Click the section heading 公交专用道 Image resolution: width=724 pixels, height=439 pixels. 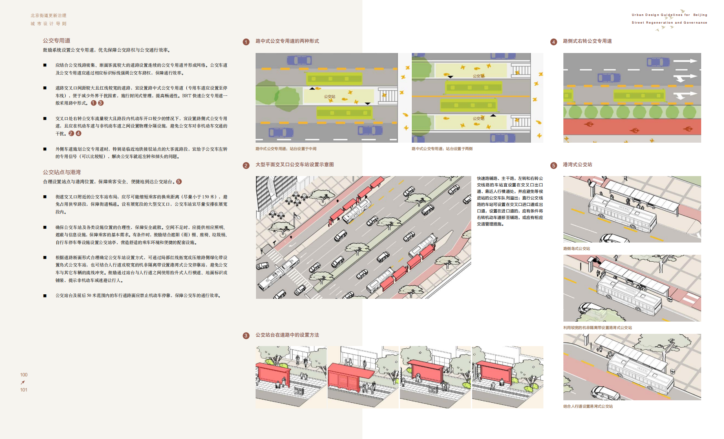tap(57, 41)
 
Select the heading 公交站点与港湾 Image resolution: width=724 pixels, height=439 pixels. tap(62, 172)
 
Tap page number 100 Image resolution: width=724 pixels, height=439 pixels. tap(24, 375)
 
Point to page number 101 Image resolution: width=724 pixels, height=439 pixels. tap(24, 390)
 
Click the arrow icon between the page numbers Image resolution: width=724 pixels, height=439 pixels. tap(23, 382)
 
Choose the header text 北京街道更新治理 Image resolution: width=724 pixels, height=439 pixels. tap(49, 15)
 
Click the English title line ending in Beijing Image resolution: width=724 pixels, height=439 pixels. tap(669, 15)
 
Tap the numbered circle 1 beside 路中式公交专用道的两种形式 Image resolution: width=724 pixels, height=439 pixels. tap(246, 42)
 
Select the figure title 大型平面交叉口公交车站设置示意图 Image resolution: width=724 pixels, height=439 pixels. tap(294, 165)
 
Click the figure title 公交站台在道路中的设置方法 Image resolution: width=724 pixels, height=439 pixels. tap(287, 335)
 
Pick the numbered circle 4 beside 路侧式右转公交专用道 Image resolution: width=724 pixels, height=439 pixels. tap(554, 42)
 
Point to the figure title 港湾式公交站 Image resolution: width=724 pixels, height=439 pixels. tap(577, 165)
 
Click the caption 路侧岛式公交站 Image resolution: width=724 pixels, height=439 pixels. tap(576, 249)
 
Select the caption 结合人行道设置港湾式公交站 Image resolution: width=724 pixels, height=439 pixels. tap(588, 406)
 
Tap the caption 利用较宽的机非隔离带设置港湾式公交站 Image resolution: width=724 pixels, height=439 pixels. tap(598, 328)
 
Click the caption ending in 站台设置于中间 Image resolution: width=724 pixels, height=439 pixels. tap(286, 149)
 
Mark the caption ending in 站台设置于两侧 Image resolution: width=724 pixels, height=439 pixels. tap(442, 149)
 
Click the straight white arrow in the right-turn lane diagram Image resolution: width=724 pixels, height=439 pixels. tap(685, 61)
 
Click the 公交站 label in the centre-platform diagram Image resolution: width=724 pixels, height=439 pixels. tap(329, 97)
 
